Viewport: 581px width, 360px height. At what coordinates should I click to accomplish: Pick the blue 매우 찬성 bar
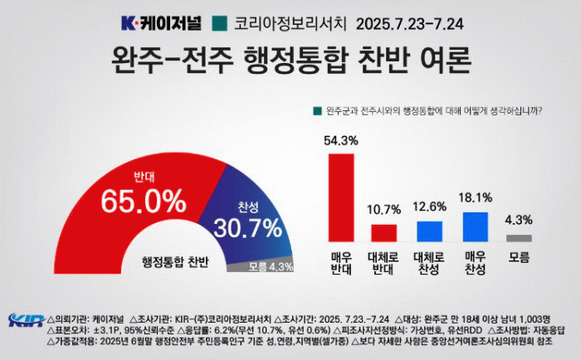point(474,226)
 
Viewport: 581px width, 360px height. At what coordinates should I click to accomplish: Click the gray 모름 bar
point(519,238)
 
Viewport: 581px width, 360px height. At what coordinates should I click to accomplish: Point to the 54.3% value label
point(341,141)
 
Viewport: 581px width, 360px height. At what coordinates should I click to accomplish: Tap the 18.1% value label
point(474,197)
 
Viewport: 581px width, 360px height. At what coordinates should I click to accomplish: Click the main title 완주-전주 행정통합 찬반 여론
point(290,61)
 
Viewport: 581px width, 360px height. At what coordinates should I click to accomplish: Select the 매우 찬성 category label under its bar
point(474,264)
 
